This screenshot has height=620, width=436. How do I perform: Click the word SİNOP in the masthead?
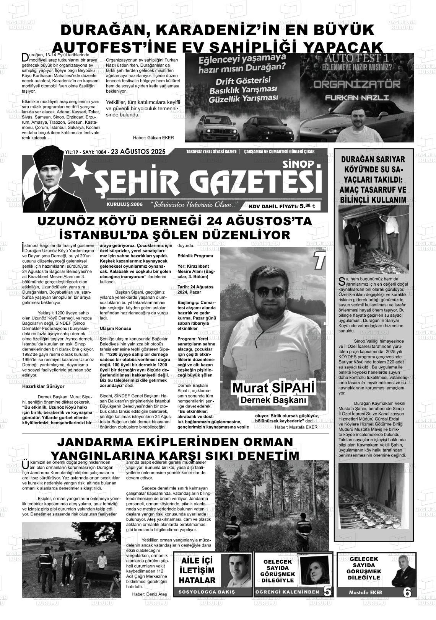298,164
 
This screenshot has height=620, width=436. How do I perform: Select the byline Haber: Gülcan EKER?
153,138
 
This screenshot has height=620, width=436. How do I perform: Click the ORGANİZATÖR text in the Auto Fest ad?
357,84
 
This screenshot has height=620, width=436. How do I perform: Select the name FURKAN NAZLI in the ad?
356,98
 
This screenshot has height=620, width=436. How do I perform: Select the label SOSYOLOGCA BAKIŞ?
207,592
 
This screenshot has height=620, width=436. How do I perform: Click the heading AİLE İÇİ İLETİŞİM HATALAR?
197,570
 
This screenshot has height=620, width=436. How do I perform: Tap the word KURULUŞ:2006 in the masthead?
125,204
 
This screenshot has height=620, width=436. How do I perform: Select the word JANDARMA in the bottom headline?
98,442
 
